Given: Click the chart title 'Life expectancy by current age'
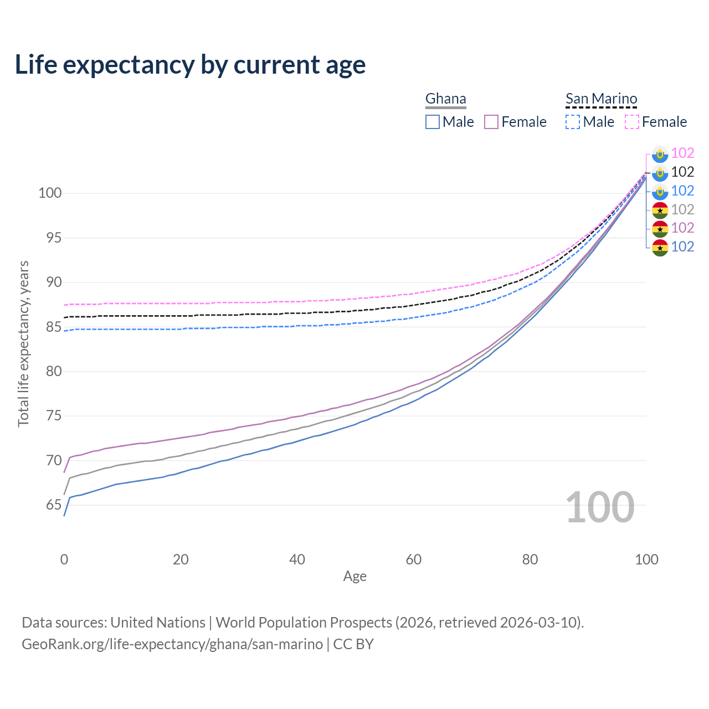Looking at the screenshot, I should click(x=190, y=65).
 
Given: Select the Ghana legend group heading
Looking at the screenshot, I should click(x=445, y=99).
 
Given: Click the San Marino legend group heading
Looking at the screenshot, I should click(x=601, y=99).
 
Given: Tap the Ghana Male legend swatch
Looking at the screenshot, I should click(x=433, y=122).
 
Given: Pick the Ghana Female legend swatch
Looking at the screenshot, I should click(x=491, y=122).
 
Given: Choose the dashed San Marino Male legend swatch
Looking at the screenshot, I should click(x=573, y=122).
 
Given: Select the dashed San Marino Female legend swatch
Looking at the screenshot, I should click(x=632, y=122).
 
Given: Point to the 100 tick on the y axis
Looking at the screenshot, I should click(x=49, y=193).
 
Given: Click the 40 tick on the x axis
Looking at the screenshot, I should click(x=297, y=559).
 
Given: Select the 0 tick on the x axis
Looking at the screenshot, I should click(x=64, y=559).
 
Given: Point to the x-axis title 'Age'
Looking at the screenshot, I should click(x=354, y=577).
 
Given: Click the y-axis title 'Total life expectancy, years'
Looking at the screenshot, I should click(x=23, y=343).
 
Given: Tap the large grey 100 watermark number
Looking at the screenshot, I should click(x=600, y=507).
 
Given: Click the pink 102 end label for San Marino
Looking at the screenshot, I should click(x=682, y=153).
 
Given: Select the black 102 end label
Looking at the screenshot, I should click(x=682, y=172).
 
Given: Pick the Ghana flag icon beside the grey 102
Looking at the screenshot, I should click(x=660, y=210).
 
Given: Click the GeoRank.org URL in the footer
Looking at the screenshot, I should click(x=172, y=644).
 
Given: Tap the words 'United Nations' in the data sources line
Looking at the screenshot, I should click(x=158, y=623).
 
